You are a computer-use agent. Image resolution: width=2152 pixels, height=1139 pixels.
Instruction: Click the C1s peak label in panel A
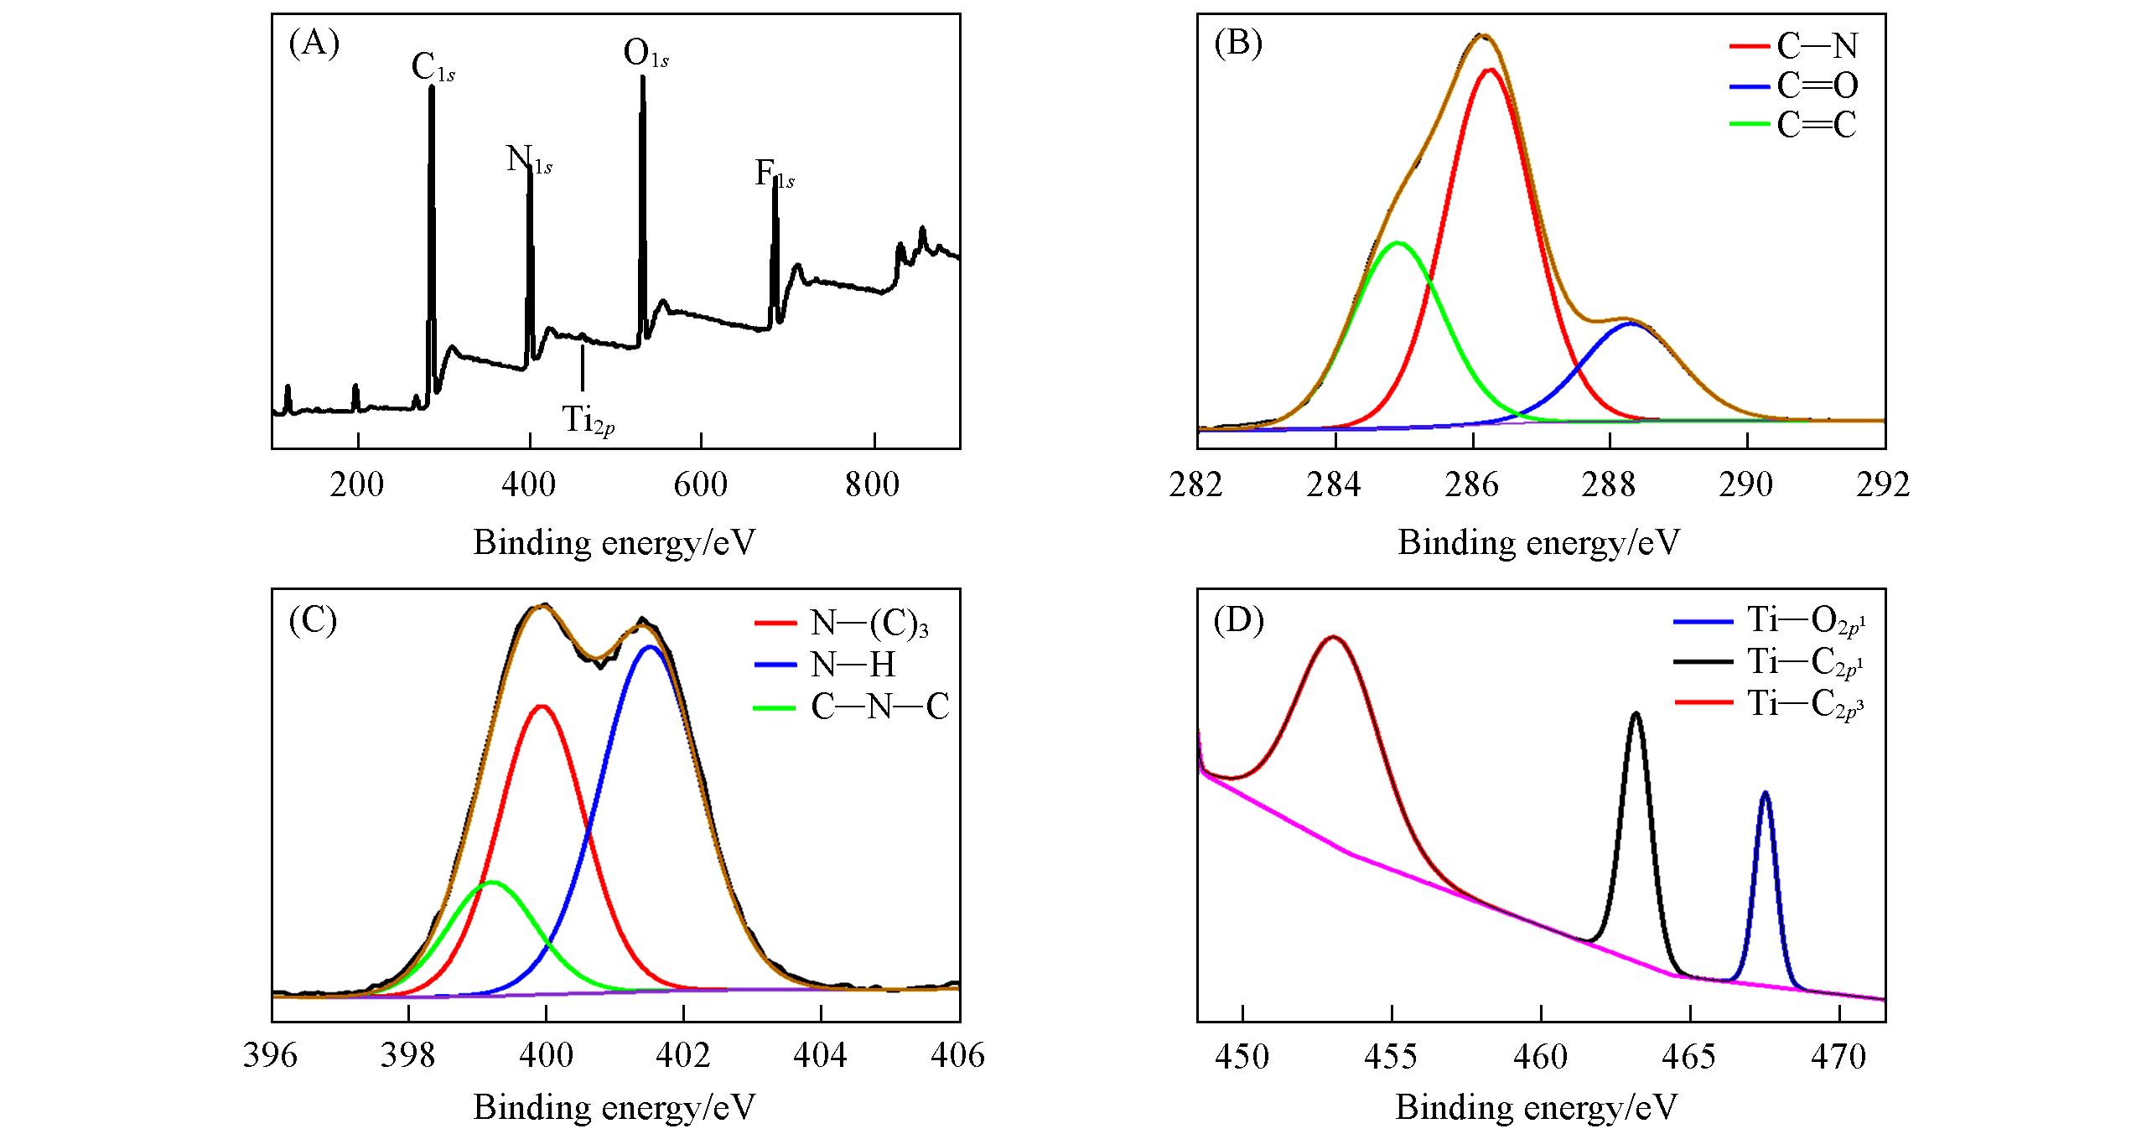[433, 68]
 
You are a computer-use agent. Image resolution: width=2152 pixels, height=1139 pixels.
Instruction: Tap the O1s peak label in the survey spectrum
[646, 54]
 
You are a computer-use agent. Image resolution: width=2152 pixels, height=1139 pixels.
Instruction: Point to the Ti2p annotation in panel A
[588, 420]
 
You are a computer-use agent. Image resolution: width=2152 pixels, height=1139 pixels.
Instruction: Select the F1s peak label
[774, 174]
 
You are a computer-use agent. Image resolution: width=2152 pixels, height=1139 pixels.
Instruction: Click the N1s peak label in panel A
[528, 159]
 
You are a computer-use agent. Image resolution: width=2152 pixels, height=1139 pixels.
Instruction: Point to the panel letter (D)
[1237, 620]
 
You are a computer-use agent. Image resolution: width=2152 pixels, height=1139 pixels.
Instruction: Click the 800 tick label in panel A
[872, 485]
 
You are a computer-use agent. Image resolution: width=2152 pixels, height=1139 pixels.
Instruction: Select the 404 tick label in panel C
[820, 1055]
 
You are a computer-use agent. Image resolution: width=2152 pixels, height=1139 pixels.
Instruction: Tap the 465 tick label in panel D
[1690, 1057]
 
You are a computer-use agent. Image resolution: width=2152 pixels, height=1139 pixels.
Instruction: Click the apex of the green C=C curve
[1398, 243]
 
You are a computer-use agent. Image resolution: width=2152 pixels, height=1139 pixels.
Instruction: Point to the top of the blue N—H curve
[650, 646]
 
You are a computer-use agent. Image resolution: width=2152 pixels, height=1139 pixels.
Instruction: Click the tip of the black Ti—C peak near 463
[1635, 714]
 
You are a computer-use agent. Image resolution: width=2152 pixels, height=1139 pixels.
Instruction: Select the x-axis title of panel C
[614, 1107]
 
